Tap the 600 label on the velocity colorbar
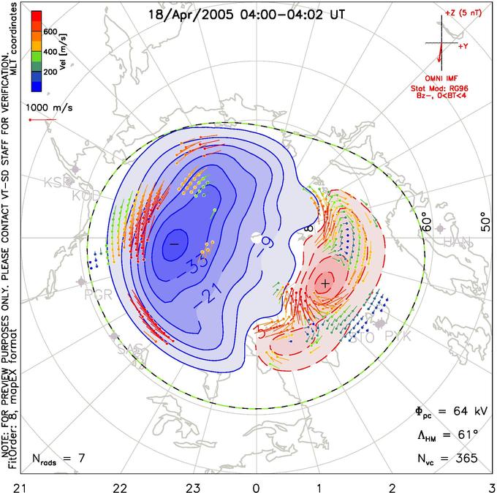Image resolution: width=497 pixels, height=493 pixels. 50,31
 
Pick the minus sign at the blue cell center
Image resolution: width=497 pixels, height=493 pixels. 174,242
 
